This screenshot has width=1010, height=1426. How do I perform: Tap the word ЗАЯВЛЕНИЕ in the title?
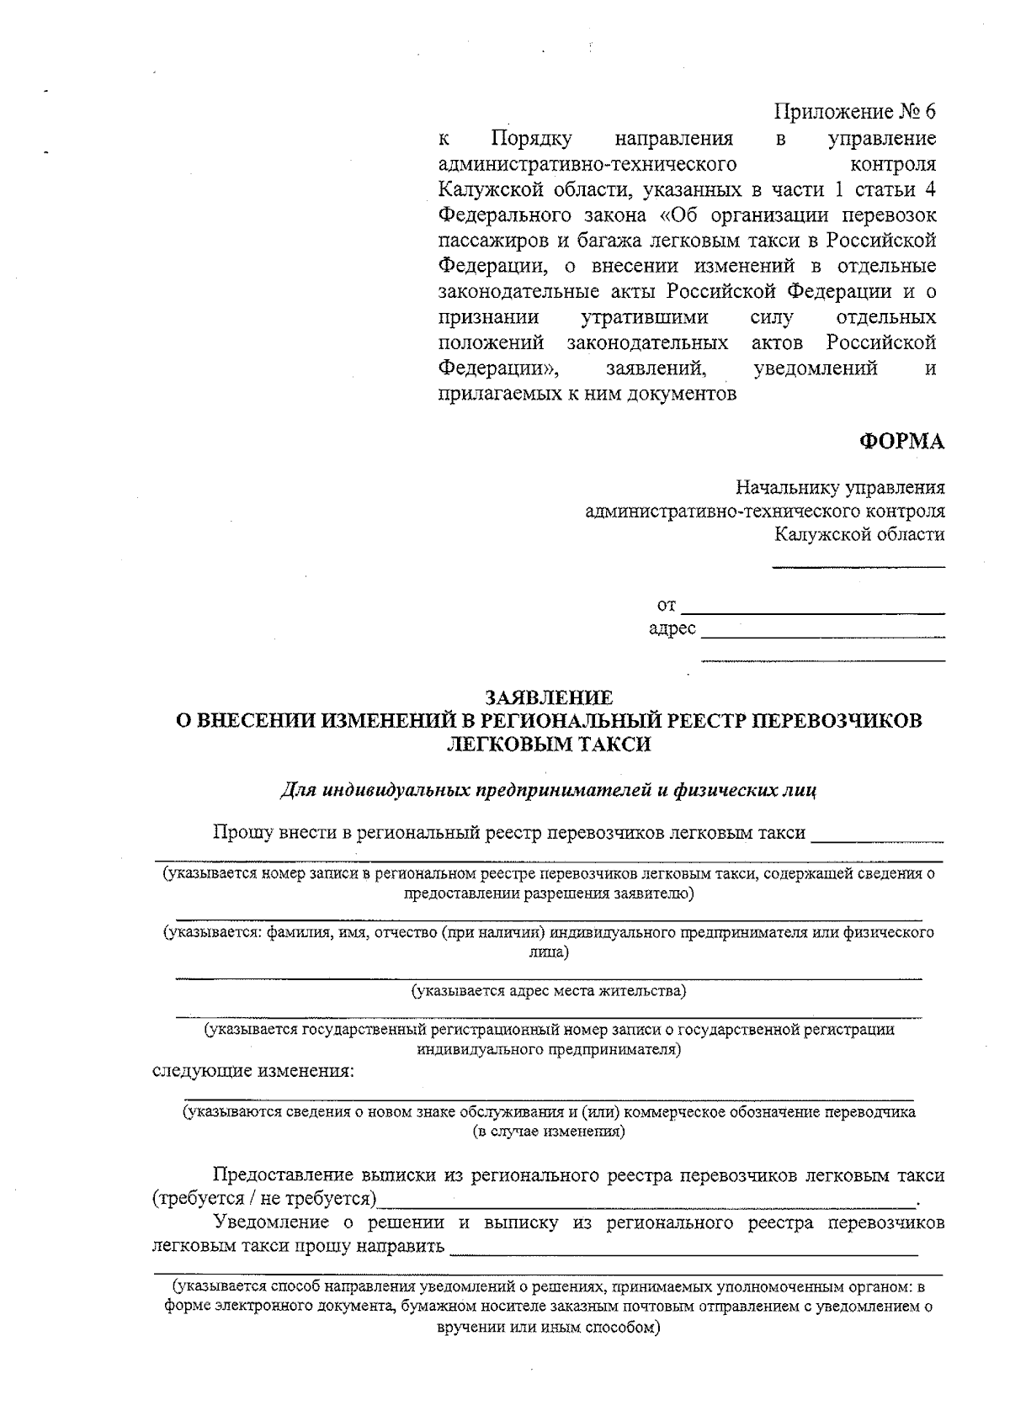coord(549,697)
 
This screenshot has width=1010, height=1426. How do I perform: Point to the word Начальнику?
coord(782,488)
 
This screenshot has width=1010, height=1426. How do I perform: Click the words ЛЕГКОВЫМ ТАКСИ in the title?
coord(549,744)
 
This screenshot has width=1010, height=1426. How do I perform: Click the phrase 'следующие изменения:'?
coord(252,1071)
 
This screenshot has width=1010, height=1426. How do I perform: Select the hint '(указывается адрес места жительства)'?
coord(549,990)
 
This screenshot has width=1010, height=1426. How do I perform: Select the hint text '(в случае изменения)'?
coord(549,1132)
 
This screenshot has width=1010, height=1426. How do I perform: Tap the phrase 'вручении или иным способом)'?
coord(549,1327)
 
